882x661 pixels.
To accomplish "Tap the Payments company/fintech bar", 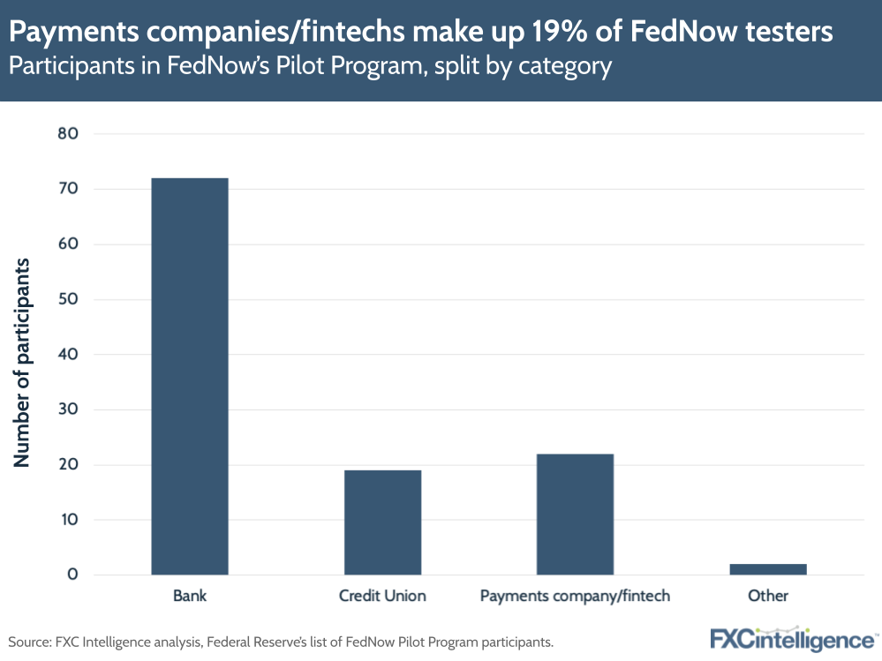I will (x=575, y=515).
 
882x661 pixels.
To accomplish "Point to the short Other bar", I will (x=767, y=569).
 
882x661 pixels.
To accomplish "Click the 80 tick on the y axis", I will (x=69, y=134).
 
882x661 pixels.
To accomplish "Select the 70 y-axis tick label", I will (x=69, y=189).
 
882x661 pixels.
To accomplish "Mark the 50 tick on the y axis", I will (x=69, y=299).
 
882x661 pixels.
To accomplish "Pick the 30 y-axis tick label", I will (x=69, y=409).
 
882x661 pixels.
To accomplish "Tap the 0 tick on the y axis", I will (x=73, y=575).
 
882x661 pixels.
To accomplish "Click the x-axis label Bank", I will (x=190, y=596).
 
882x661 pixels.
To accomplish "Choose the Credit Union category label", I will (x=382, y=596).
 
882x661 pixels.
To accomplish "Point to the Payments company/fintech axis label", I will (x=575, y=596).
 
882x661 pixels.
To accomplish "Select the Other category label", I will (x=767, y=596).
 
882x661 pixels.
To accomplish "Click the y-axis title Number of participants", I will (x=23, y=363).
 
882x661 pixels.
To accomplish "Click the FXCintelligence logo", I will (x=792, y=638).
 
